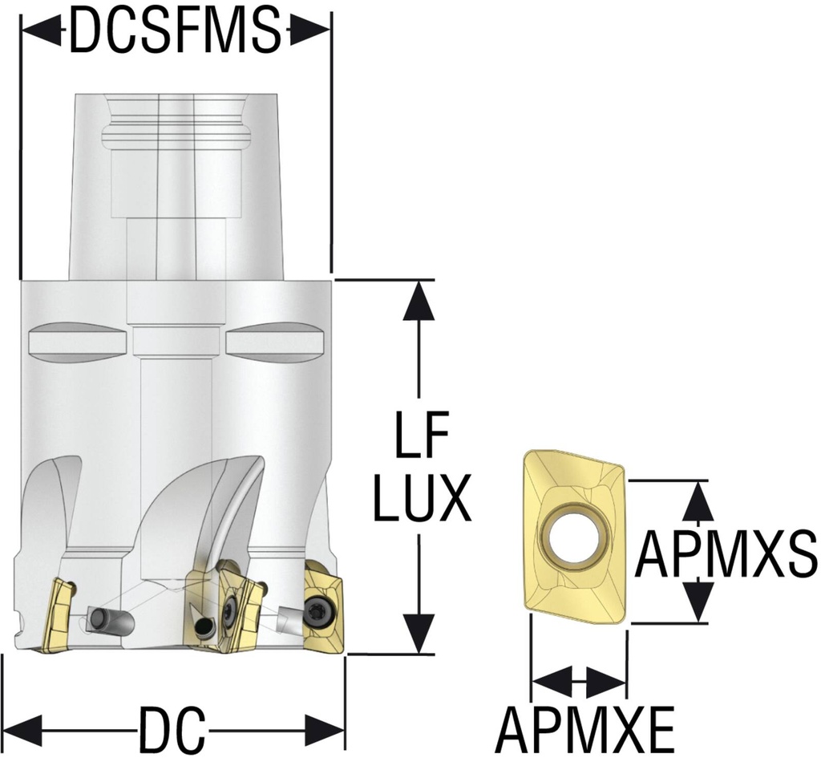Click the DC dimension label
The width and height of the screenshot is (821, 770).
(x=169, y=729)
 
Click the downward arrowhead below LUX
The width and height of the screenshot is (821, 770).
(x=418, y=634)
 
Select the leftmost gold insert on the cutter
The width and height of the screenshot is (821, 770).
(x=56, y=614)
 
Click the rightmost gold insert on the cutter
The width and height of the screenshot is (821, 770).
(x=324, y=604)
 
